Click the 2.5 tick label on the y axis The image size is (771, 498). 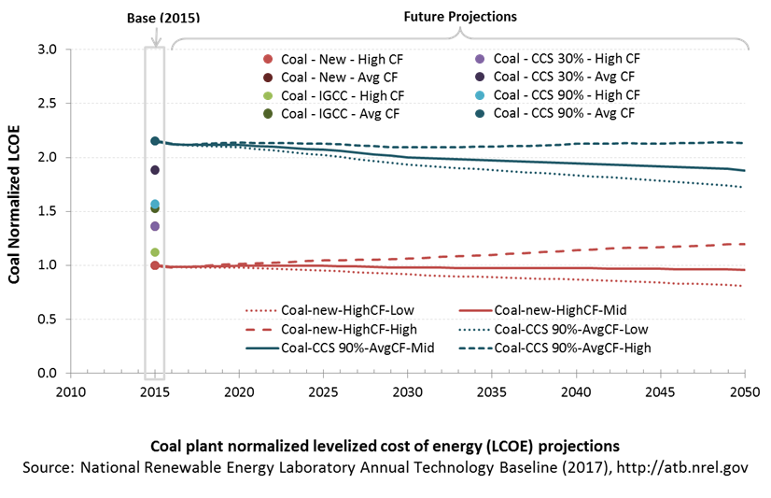tap(47, 104)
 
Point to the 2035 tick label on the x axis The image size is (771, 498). tap(491, 392)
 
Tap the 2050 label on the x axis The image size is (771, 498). tap(745, 392)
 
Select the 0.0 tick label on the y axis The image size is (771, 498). tap(47, 373)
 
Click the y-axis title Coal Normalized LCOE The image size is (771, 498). tap(14, 205)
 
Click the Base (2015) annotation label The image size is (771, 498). tap(163, 18)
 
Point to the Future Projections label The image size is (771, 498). tap(460, 17)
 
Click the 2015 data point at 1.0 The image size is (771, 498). tap(155, 265)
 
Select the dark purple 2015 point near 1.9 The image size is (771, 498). tap(155, 170)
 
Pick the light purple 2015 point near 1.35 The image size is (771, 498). tap(155, 226)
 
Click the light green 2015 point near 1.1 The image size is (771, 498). tap(155, 252)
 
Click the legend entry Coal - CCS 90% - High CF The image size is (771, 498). tap(557, 95)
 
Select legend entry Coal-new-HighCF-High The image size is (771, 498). tap(331, 329)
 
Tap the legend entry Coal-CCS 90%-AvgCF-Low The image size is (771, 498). tap(554, 329)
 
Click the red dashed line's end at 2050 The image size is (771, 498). tap(745, 244)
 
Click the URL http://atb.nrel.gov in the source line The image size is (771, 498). tap(682, 467)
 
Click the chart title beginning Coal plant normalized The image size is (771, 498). tap(385, 446)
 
